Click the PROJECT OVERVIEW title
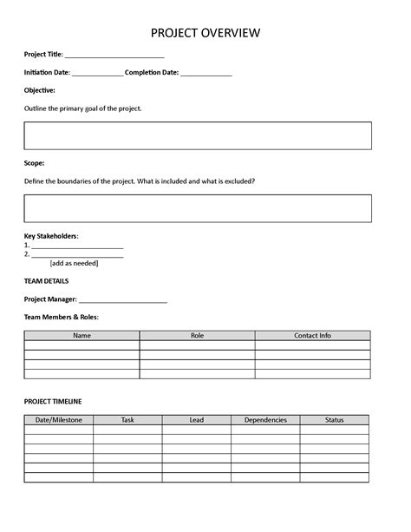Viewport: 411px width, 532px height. pos(205,33)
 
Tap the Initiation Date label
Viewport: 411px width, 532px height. pos(47,72)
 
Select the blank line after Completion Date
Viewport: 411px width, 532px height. pos(206,75)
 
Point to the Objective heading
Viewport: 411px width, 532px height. pos(40,89)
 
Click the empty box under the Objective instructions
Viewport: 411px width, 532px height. pos(198,136)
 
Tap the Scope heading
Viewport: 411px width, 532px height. pos(35,162)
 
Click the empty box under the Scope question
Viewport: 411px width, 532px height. pos(198,208)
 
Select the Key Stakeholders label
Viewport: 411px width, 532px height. pos(51,235)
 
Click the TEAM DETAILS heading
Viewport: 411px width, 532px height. pos(47,280)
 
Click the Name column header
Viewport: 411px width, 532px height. pos(82,335)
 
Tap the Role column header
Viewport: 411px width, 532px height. pos(197,335)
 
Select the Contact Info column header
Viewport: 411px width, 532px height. pos(312,335)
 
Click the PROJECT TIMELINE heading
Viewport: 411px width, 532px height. pos(53,401)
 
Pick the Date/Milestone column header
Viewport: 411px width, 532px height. pos(59,420)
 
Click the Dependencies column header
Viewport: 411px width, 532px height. pos(265,420)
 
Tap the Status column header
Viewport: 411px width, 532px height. pos(335,420)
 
